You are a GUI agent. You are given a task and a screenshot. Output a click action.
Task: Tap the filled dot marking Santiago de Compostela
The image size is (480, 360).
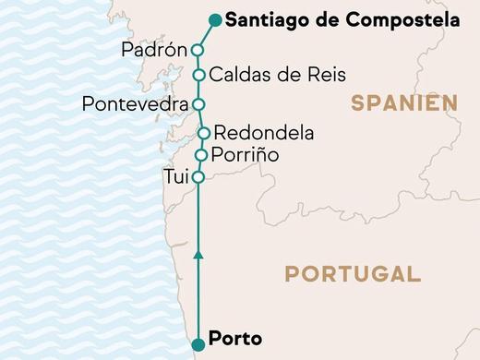pos(215,18)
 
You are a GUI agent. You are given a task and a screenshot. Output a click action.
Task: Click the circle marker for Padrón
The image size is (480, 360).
pos(197,50)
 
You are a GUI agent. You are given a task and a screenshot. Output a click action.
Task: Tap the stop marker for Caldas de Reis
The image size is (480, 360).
pos(198,75)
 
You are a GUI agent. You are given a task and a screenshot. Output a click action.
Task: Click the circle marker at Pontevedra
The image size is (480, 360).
pos(197,103)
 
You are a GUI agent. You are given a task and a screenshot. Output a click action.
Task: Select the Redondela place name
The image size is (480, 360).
pos(263,133)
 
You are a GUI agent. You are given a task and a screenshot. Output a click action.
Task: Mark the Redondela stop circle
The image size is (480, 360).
pos(204,133)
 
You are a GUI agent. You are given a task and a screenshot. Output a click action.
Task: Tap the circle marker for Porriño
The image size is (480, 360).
pos(201,154)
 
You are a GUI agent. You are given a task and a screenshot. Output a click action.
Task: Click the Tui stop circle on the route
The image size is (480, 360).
pos(198,175)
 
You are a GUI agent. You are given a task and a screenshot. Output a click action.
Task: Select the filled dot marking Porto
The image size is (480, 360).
pos(198,345)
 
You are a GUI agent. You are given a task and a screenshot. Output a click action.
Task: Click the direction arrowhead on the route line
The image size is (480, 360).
pos(198,252)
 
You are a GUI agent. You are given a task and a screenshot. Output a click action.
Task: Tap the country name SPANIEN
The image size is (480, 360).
pos(404,103)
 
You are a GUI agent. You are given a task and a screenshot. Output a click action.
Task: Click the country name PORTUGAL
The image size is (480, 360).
pos(352,273)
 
